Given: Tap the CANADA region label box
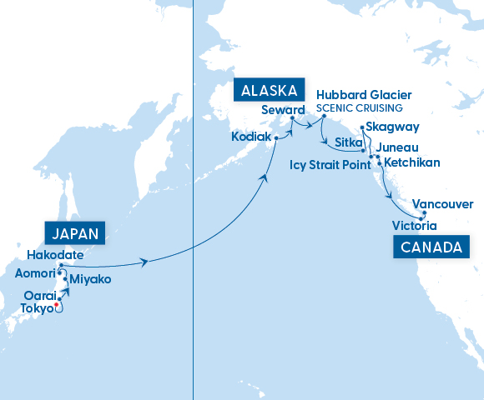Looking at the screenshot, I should (x=430, y=247).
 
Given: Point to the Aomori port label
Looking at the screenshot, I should (x=36, y=272).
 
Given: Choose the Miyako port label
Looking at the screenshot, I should (x=90, y=279).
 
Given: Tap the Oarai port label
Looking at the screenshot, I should (x=38, y=295).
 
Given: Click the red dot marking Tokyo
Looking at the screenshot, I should (x=57, y=306).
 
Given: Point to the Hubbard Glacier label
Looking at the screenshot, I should (x=364, y=95).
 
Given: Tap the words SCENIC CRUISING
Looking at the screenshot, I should (x=360, y=108).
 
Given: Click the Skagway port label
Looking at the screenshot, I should (x=392, y=127).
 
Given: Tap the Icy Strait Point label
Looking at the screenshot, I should (x=330, y=165).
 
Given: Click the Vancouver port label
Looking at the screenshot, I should (x=443, y=204).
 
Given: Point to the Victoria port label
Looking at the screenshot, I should (x=413, y=225).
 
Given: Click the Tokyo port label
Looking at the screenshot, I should (x=34, y=307).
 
